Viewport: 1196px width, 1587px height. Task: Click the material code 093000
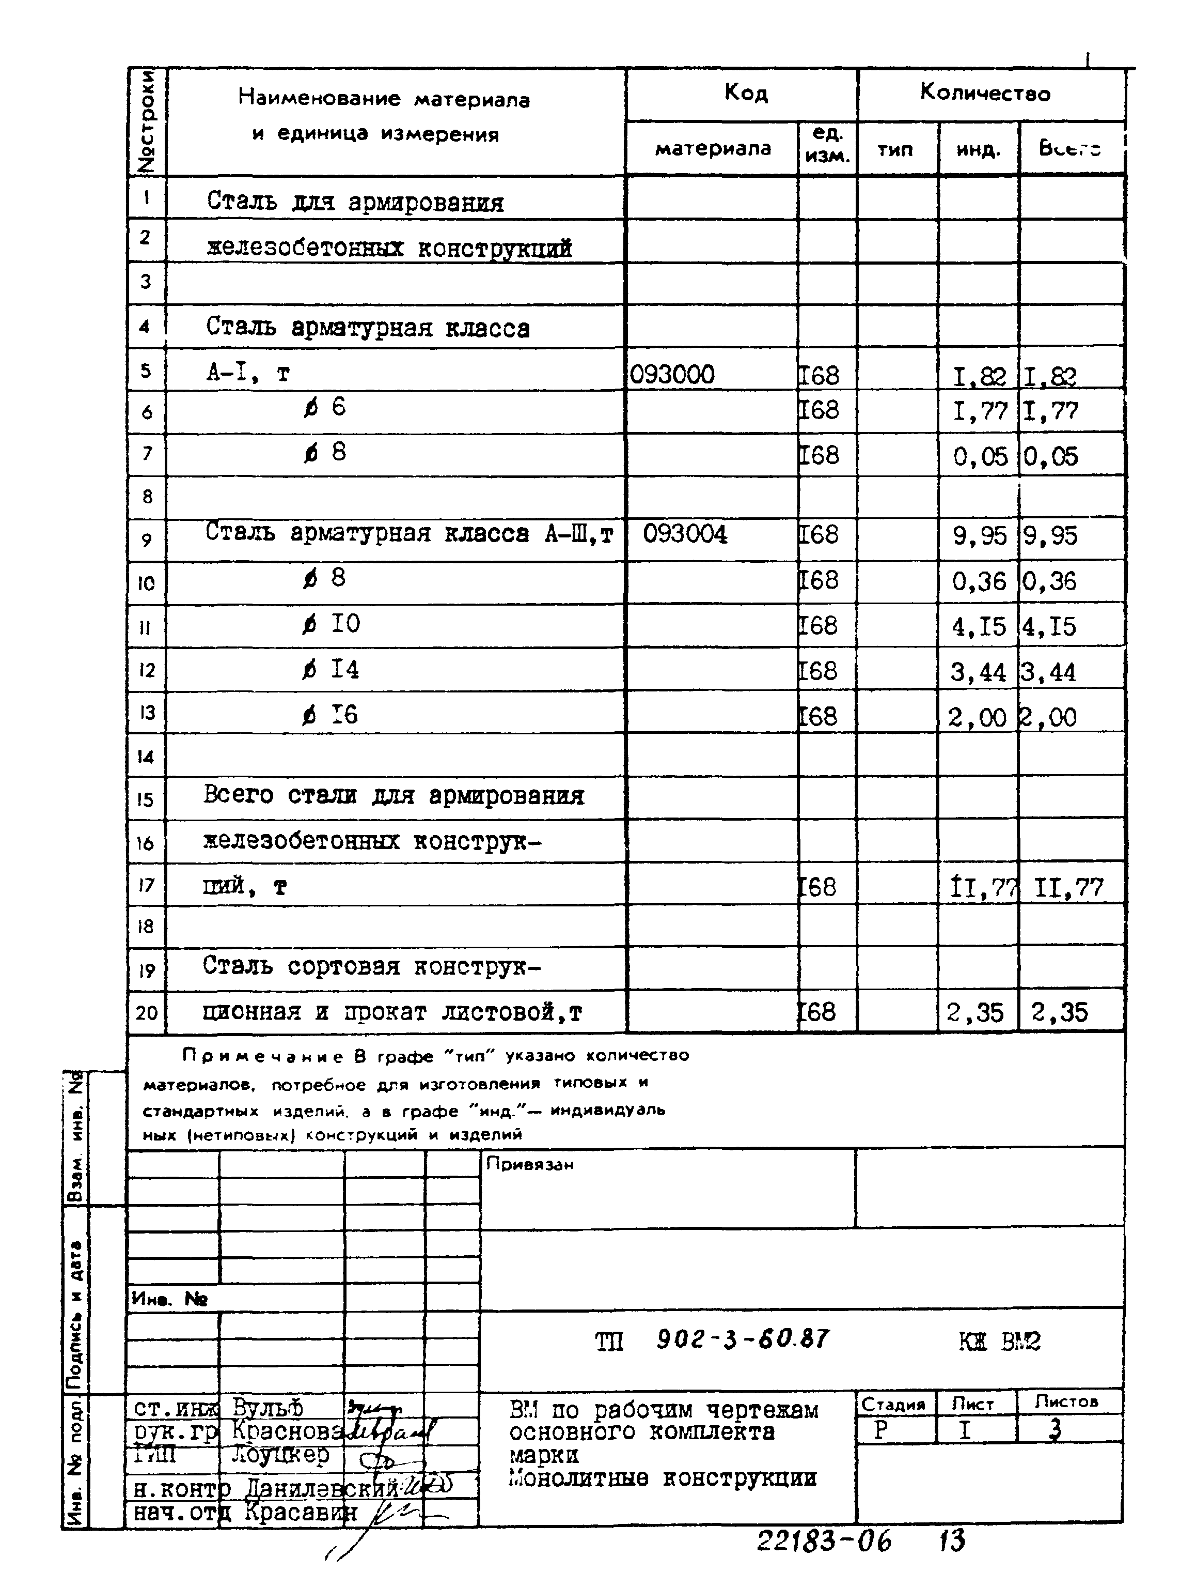[672, 375]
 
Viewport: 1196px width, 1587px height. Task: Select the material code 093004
[685, 534]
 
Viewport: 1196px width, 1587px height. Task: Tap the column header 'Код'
[746, 93]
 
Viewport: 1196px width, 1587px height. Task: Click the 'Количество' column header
[985, 93]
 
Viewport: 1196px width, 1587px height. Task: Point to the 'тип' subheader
[895, 150]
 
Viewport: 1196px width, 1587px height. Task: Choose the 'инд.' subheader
[978, 150]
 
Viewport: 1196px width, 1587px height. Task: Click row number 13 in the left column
[146, 713]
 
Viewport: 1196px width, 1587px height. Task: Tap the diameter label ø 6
[325, 408]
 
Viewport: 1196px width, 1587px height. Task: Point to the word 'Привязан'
[530, 1164]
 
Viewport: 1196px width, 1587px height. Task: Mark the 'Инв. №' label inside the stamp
[169, 1299]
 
